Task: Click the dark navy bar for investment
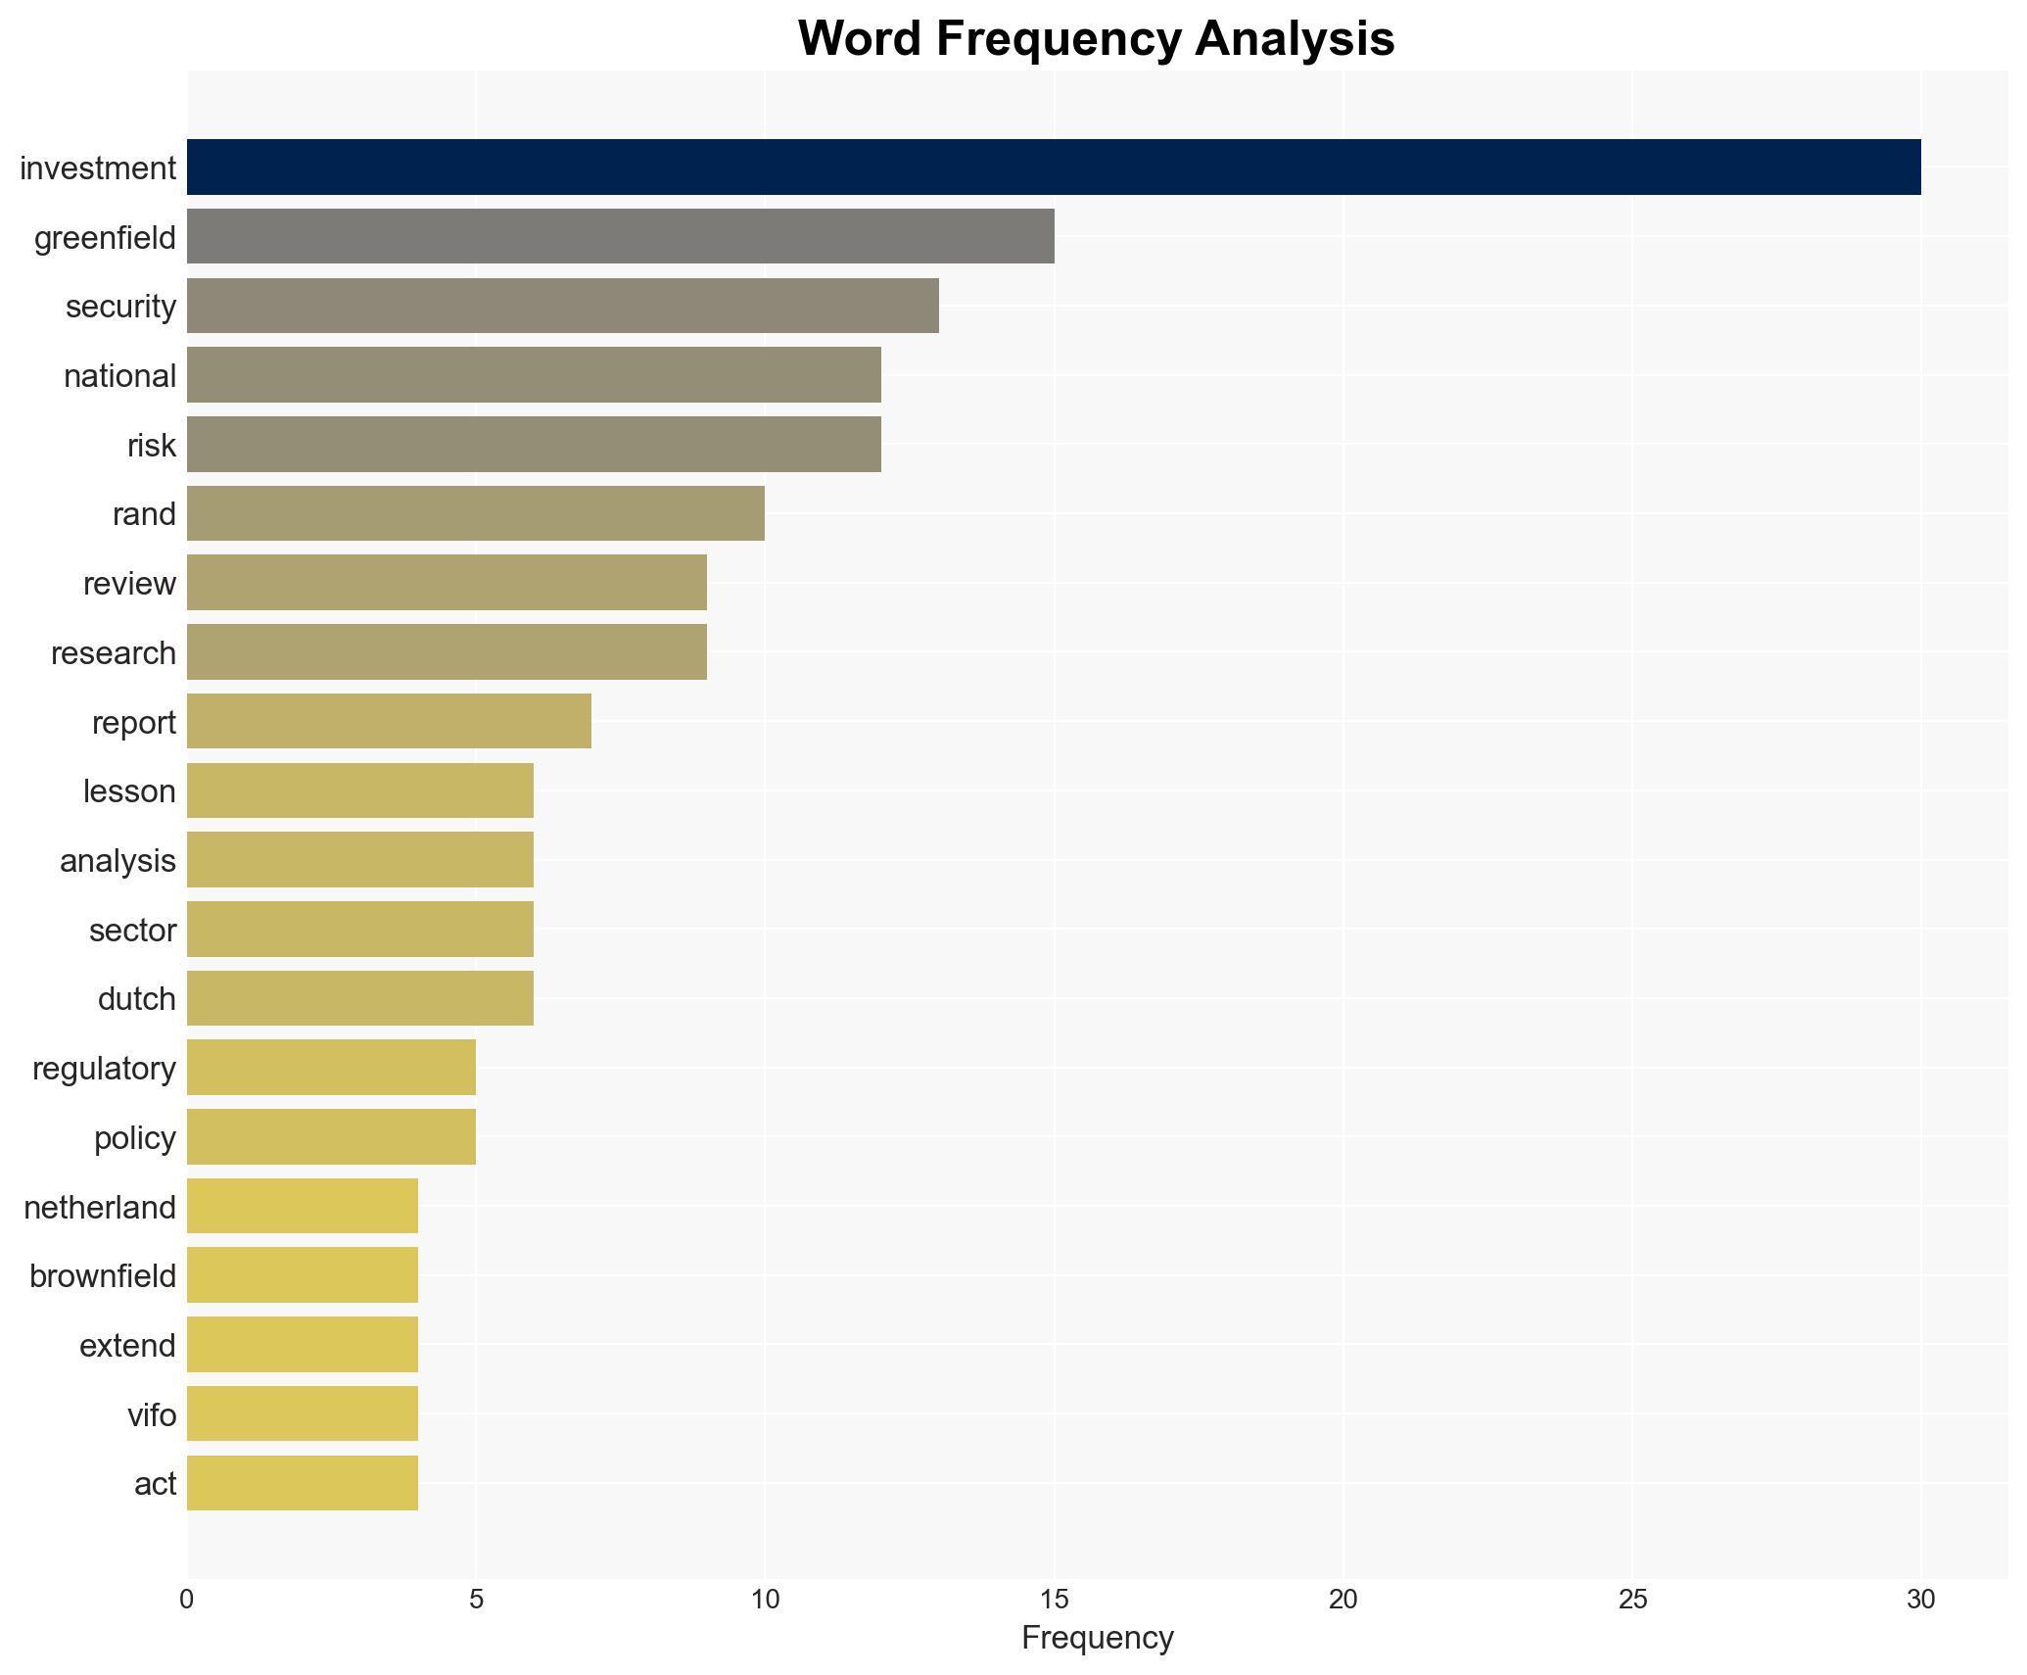point(1053,167)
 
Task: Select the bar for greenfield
point(620,237)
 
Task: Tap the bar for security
point(562,306)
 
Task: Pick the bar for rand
point(475,513)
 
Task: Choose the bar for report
point(389,721)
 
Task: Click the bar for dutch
point(359,998)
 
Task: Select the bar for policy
point(331,1137)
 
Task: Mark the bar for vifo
point(302,1413)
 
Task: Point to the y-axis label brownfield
point(103,1276)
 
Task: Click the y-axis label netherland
point(100,1207)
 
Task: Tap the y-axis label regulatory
point(104,1068)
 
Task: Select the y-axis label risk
point(152,445)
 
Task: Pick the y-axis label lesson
point(129,790)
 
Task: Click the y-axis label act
point(155,1484)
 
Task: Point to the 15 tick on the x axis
point(1054,1600)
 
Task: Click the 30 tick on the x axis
point(1920,1600)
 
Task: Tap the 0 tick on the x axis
point(187,1600)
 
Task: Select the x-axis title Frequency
point(1097,1638)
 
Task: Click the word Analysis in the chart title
point(1296,39)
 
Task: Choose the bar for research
point(447,652)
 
